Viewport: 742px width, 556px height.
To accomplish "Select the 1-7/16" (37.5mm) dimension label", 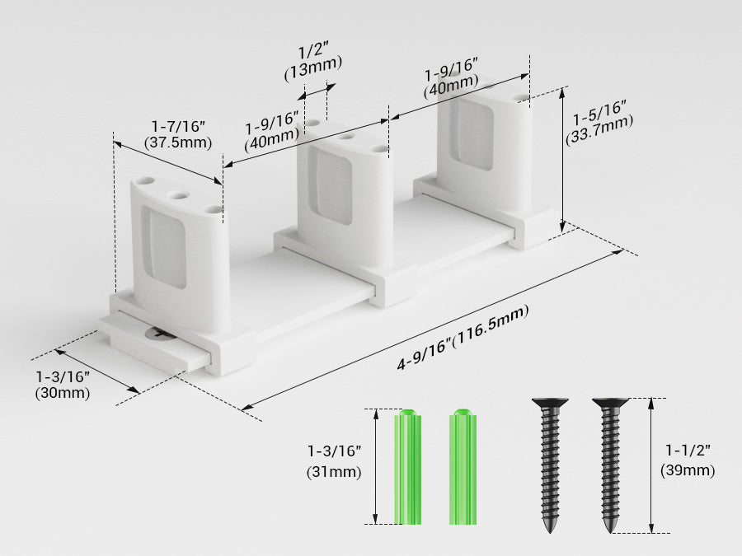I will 178,133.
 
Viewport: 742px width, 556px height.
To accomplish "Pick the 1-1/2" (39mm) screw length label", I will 688,460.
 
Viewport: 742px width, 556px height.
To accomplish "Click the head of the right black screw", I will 610,404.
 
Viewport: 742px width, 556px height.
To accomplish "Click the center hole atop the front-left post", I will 177,195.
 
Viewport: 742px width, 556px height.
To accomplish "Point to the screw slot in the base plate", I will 158,333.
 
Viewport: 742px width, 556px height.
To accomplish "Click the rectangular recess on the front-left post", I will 165,247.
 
